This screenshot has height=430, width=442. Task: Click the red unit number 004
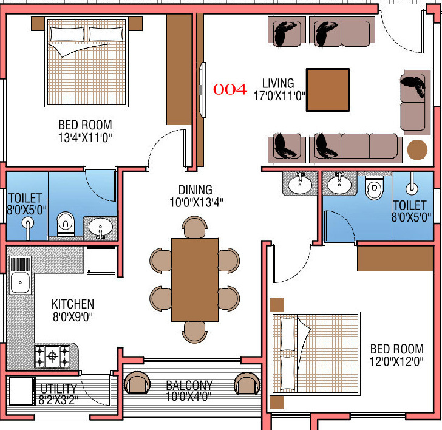tap(229, 90)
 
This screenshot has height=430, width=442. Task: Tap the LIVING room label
tap(278, 83)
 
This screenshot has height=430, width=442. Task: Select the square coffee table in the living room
tap(328, 90)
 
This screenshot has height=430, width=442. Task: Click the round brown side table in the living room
tap(416, 149)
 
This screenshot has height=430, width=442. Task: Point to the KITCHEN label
tap(72, 304)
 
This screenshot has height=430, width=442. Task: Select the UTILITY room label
tap(59, 389)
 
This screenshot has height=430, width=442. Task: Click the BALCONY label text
tap(189, 385)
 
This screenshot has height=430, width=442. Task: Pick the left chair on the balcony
tap(137, 383)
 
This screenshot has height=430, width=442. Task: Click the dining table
tap(194, 279)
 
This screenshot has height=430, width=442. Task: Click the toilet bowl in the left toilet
tap(65, 224)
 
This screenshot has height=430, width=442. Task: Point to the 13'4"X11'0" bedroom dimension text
tap(85, 138)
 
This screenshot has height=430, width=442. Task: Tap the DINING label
tap(195, 189)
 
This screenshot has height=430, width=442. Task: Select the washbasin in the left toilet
tap(100, 228)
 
